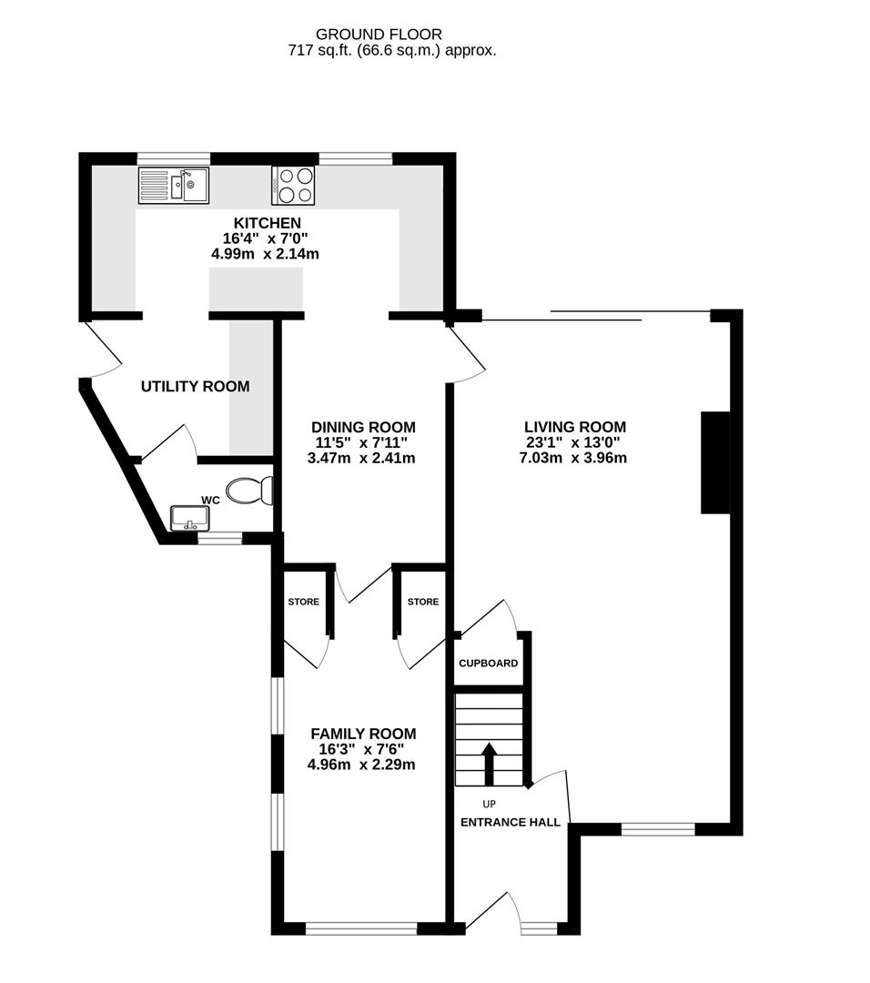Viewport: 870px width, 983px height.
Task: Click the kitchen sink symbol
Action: tap(173, 186)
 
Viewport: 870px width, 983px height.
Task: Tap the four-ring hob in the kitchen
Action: tap(293, 186)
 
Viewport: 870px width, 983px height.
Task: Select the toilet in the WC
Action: tap(249, 491)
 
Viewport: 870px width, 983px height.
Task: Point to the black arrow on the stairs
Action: tap(489, 763)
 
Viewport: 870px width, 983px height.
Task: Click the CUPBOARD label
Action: tap(488, 664)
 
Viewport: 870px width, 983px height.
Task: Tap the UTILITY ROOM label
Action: tap(195, 387)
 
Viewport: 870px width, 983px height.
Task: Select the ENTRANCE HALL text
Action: tap(511, 822)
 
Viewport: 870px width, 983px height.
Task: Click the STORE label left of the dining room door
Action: tap(304, 602)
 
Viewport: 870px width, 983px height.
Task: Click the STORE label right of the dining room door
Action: tap(423, 602)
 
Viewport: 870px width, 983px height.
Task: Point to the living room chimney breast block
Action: tap(714, 463)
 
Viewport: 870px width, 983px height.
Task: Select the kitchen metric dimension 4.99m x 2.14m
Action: tap(265, 254)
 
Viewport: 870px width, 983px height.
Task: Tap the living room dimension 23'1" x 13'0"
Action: tap(574, 442)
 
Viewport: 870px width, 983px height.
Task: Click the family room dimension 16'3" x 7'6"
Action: tap(362, 749)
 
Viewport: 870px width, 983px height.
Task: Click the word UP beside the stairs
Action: tap(490, 804)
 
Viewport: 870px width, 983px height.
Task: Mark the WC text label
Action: tap(209, 501)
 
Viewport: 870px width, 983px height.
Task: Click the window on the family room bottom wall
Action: tap(361, 928)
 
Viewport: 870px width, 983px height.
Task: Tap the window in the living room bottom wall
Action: tap(658, 829)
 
